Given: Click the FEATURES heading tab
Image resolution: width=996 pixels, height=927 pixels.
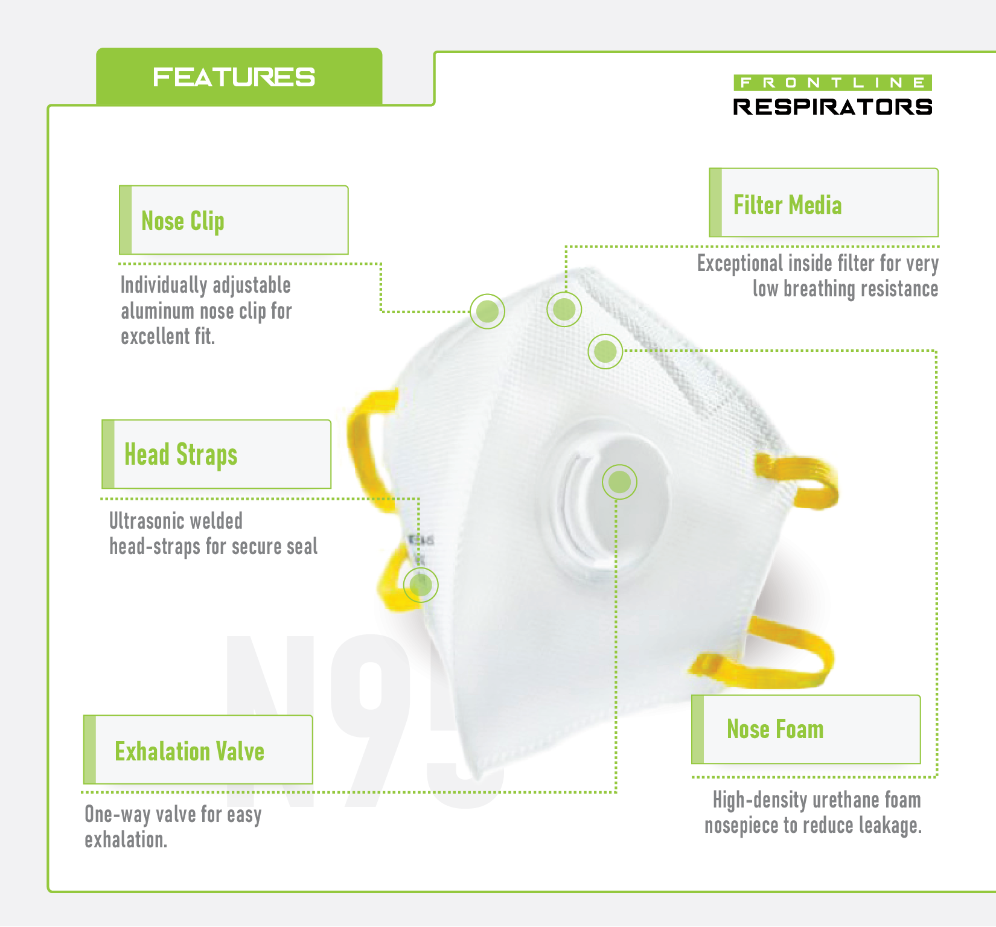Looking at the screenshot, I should pyautogui.click(x=234, y=77).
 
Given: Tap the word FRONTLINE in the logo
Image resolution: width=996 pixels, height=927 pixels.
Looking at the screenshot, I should pyautogui.click(x=832, y=83).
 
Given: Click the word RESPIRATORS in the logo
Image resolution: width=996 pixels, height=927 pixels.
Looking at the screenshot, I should pyautogui.click(x=832, y=107).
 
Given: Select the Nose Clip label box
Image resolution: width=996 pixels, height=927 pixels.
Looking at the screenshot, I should pyautogui.click(x=234, y=220).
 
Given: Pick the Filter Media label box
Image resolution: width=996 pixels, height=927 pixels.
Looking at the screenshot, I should pyautogui.click(x=824, y=203).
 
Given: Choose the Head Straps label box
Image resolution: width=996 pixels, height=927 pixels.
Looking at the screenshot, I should pyautogui.click(x=217, y=454).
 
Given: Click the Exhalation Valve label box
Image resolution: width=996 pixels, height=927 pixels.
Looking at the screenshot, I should pyautogui.click(x=199, y=750).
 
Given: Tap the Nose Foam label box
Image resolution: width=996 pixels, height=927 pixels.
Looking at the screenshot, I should pyautogui.click(x=806, y=730).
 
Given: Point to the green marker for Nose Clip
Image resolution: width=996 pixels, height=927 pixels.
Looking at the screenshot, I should pyautogui.click(x=487, y=311).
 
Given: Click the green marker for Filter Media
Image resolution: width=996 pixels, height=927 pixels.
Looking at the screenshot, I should pyautogui.click(x=564, y=310).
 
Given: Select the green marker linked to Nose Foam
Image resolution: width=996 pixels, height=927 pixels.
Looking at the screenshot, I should pyautogui.click(x=605, y=351).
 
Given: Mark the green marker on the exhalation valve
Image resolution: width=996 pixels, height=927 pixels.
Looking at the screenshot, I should pyautogui.click(x=619, y=482).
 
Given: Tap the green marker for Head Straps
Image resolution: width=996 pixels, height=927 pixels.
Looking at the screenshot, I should pyautogui.click(x=421, y=585).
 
